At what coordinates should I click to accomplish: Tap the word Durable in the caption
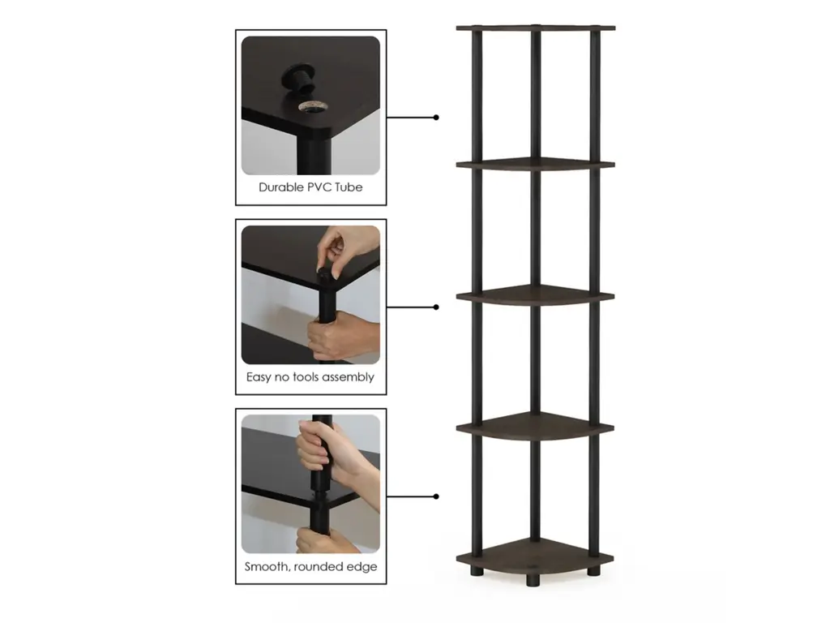click(x=280, y=187)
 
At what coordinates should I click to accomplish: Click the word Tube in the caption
click(x=349, y=187)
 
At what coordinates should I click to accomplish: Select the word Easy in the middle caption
click(x=259, y=377)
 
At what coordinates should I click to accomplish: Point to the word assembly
click(x=348, y=377)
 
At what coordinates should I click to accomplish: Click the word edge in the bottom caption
click(x=362, y=567)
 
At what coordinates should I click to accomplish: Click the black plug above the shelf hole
click(x=297, y=79)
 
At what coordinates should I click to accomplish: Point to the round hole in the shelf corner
click(x=313, y=106)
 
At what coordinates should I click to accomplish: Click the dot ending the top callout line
click(x=436, y=118)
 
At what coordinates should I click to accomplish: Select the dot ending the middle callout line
click(x=436, y=307)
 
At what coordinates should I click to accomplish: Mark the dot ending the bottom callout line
click(x=436, y=496)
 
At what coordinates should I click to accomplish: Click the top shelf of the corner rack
click(x=536, y=28)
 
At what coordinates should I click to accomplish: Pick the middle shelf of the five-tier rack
click(x=535, y=295)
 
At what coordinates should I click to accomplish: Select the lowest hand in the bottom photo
click(x=326, y=540)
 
